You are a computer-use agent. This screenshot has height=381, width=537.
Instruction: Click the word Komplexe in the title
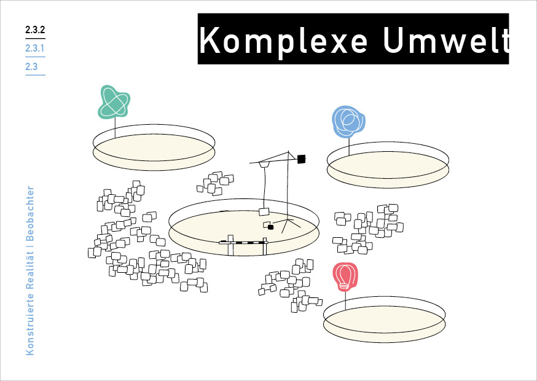pyautogui.click(x=284, y=40)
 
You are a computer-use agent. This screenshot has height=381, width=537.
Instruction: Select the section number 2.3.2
pyautogui.click(x=35, y=29)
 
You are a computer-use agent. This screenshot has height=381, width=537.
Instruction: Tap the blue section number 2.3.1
pyautogui.click(x=35, y=48)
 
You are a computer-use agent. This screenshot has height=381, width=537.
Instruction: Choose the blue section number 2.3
pyautogui.click(x=32, y=66)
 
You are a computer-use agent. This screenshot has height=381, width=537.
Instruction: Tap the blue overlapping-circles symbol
pyautogui.click(x=348, y=121)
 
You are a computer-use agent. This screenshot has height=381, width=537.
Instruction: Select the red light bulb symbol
pyautogui.click(x=345, y=277)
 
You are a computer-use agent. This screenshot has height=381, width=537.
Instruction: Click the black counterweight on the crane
pyautogui.click(x=301, y=159)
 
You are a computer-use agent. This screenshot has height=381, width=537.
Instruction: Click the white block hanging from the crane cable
pyautogui.click(x=264, y=212)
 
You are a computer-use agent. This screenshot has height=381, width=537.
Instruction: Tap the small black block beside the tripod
pyautogui.click(x=270, y=227)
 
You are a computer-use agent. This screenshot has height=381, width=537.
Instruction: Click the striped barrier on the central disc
pyautogui.click(x=243, y=243)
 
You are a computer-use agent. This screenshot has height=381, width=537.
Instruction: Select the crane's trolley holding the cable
pyautogui.click(x=264, y=165)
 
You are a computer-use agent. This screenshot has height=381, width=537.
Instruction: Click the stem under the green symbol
pyautogui.click(x=116, y=128)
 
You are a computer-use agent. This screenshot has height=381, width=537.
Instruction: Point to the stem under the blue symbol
pyautogui.click(x=349, y=146)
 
